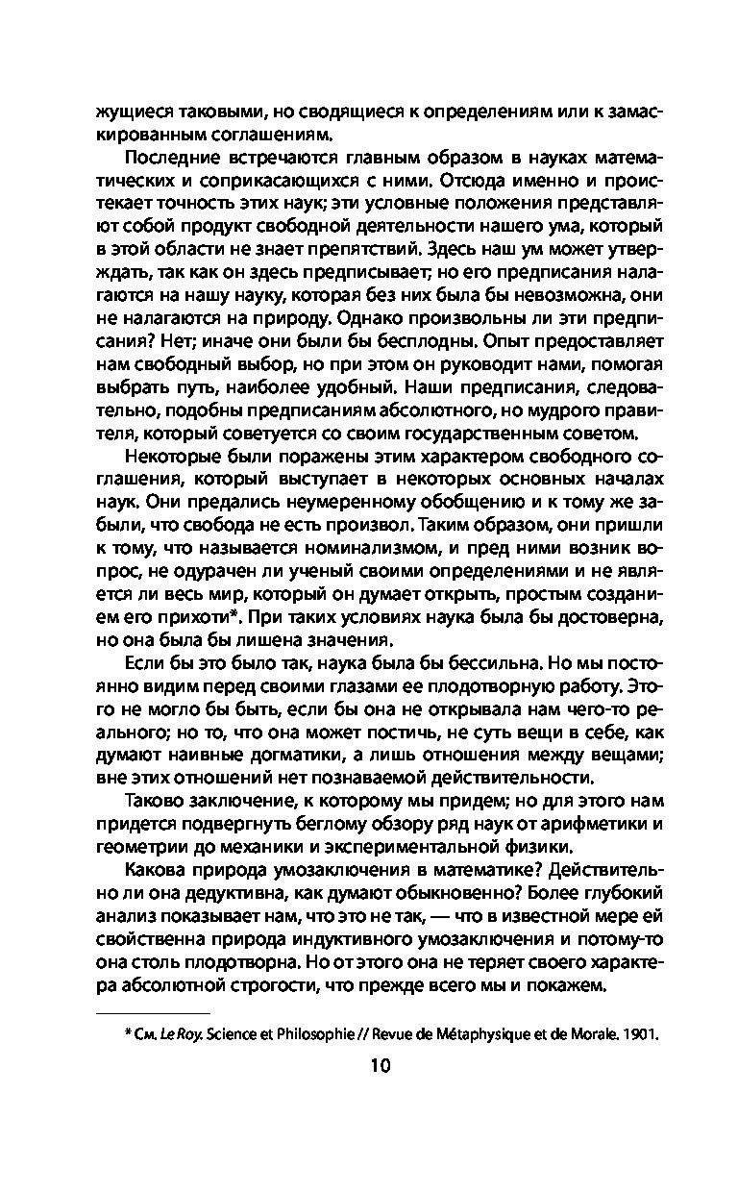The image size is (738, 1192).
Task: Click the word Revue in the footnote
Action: coord(386,1033)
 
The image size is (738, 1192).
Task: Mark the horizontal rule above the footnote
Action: coord(154,1012)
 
